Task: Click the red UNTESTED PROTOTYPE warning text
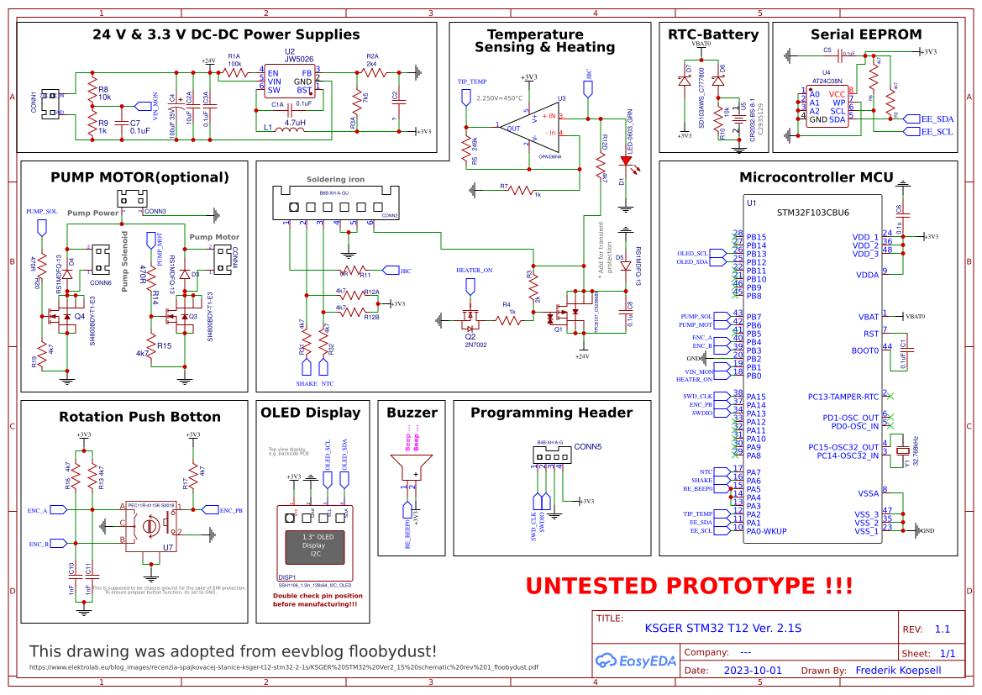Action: click(x=689, y=586)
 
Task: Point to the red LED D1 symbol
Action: click(x=625, y=160)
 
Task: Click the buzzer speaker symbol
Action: click(x=412, y=466)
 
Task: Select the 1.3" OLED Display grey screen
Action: click(x=315, y=547)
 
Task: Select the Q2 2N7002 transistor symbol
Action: click(x=469, y=319)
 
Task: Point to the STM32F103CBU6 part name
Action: click(x=812, y=213)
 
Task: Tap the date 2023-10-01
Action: click(x=753, y=671)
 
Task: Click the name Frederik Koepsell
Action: click(x=898, y=671)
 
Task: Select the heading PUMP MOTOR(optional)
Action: click(x=139, y=177)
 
